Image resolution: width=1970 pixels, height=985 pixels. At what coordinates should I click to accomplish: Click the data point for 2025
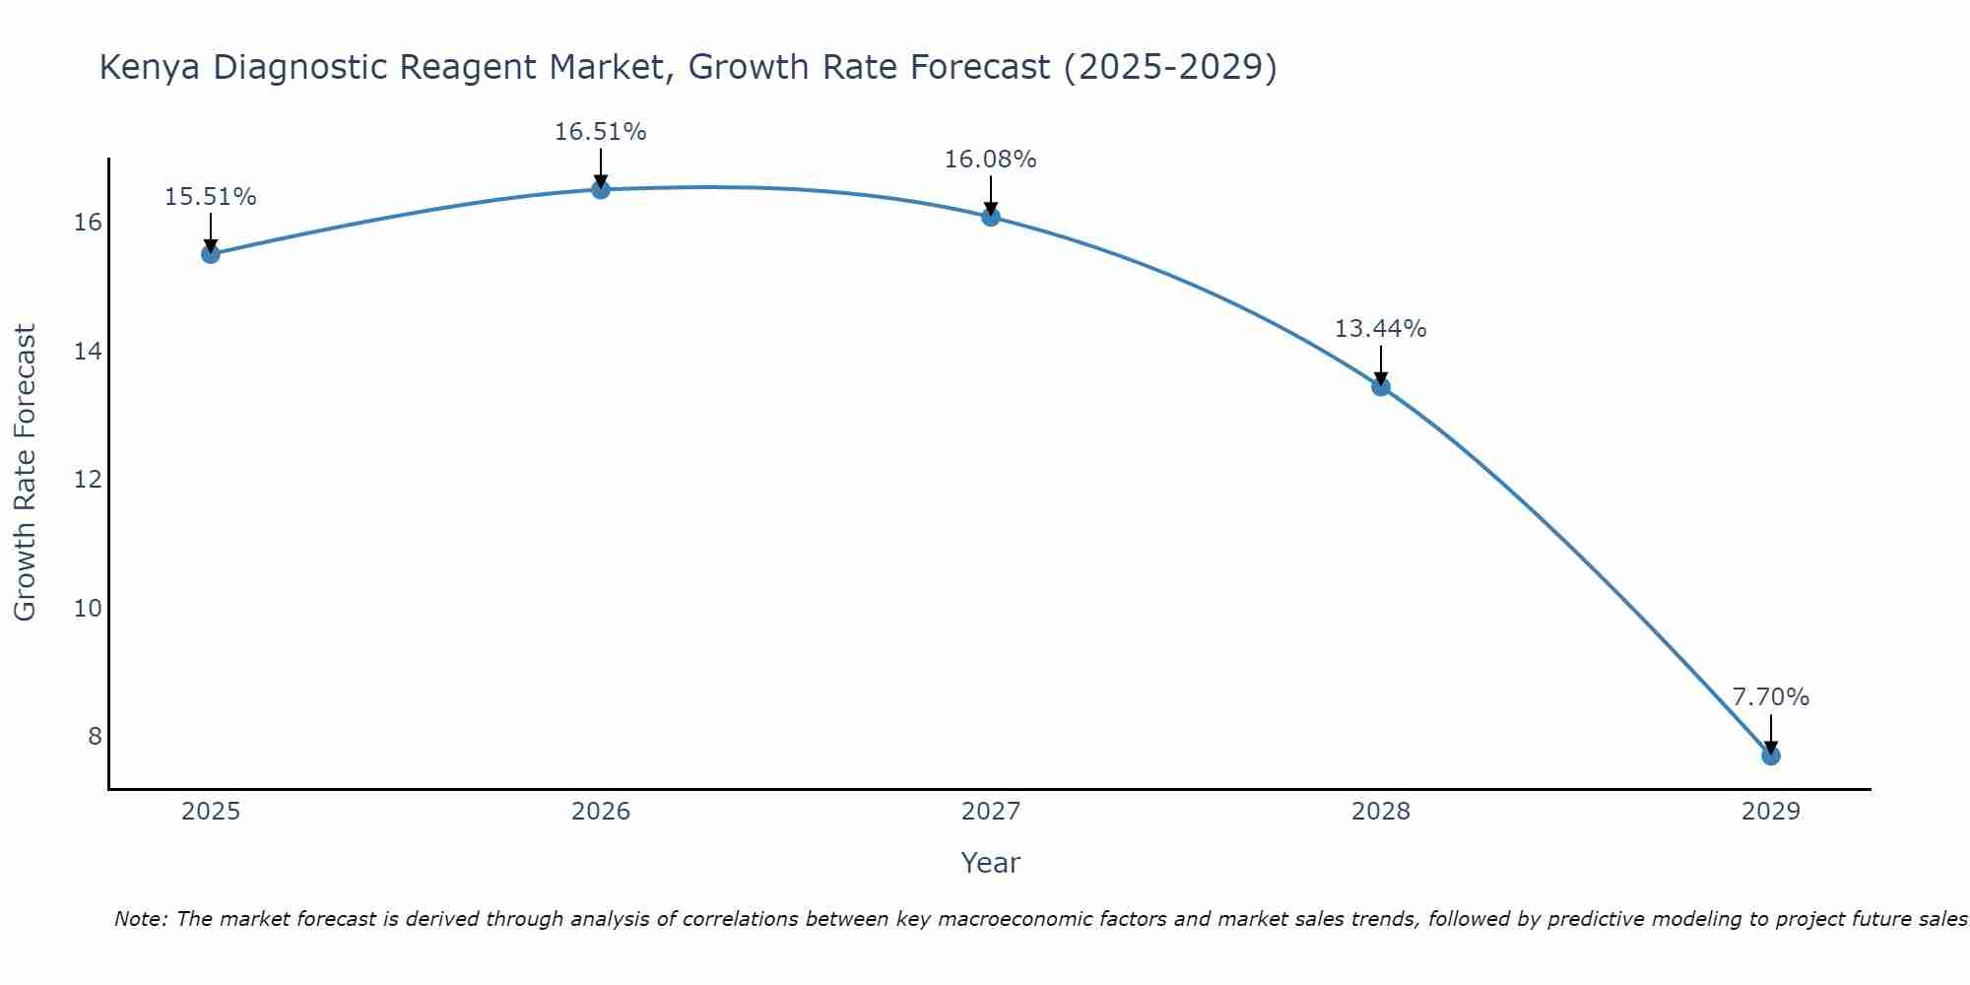click(x=210, y=254)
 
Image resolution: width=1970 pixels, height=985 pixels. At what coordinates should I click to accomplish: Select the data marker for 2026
click(x=600, y=189)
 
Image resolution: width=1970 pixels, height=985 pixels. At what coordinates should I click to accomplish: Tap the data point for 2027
click(x=990, y=217)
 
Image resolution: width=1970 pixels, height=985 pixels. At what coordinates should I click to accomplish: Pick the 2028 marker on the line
click(x=1380, y=386)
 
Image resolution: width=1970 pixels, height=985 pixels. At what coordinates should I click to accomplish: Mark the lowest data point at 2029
click(x=1770, y=755)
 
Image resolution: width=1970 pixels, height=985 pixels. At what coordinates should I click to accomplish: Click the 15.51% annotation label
click(x=210, y=197)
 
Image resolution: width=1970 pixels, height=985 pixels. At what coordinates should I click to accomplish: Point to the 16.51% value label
click(x=600, y=132)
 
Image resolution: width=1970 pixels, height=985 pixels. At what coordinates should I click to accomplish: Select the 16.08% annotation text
click(x=990, y=160)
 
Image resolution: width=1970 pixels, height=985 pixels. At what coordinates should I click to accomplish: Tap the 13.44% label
click(x=1380, y=329)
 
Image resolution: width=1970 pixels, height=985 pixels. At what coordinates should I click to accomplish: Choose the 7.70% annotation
click(x=1770, y=697)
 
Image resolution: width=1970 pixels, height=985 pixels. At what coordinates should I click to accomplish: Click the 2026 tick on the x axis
click(x=600, y=812)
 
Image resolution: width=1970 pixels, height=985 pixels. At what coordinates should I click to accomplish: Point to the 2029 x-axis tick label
click(x=1770, y=812)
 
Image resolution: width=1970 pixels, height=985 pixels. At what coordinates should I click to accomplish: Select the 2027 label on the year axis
click(x=990, y=812)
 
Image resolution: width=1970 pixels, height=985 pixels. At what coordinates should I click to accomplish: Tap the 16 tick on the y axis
click(x=88, y=223)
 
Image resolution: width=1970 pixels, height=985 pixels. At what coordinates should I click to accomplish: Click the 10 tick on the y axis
click(x=88, y=608)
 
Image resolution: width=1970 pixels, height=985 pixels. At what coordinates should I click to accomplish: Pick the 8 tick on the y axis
click(x=95, y=737)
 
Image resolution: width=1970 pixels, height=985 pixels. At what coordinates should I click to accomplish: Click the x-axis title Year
click(x=990, y=863)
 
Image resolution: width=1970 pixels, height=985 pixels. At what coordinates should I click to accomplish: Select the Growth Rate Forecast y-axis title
click(x=25, y=473)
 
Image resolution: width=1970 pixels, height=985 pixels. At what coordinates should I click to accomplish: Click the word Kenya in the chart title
click(x=149, y=68)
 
